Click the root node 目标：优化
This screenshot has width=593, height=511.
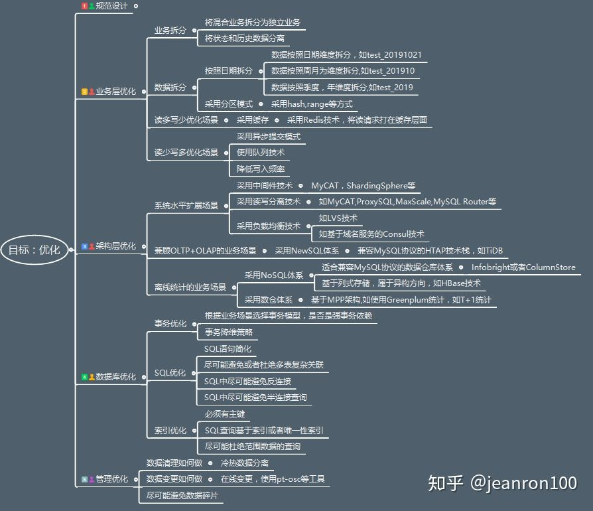(x=34, y=250)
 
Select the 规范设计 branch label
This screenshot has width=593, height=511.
(x=111, y=6)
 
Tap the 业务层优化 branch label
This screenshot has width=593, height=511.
(x=115, y=92)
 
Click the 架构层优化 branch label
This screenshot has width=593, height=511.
(x=115, y=246)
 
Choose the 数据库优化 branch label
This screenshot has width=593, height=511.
(x=115, y=377)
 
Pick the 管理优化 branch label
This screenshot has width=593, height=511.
(x=111, y=479)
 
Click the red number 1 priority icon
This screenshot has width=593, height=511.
(x=84, y=6)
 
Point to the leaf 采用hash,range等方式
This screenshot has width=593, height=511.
(x=312, y=104)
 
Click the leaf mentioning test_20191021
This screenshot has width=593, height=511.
(x=346, y=55)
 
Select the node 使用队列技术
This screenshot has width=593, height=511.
(x=261, y=153)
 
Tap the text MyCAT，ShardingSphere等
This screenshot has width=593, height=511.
(x=363, y=186)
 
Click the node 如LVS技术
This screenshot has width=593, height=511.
(x=338, y=218)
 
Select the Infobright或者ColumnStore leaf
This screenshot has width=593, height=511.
(x=523, y=267)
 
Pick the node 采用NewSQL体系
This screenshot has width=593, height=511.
(x=306, y=251)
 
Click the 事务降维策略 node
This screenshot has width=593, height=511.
(x=229, y=332)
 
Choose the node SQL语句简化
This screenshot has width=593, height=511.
(x=228, y=348)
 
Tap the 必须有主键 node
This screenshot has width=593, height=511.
(x=225, y=414)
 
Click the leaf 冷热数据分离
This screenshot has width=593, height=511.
(x=245, y=463)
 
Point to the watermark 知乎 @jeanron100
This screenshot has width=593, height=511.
(x=503, y=483)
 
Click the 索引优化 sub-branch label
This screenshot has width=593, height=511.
(x=170, y=431)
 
